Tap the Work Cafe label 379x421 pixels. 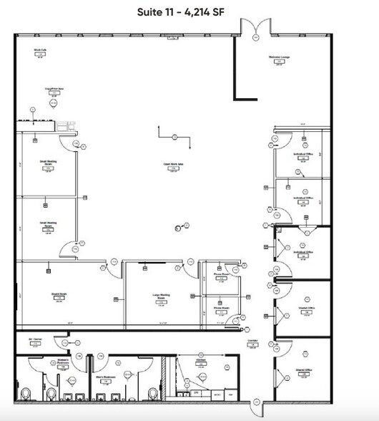[40, 51]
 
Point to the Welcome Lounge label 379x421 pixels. [278, 57]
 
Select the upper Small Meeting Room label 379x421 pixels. [49, 163]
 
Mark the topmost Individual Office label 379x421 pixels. [302, 153]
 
